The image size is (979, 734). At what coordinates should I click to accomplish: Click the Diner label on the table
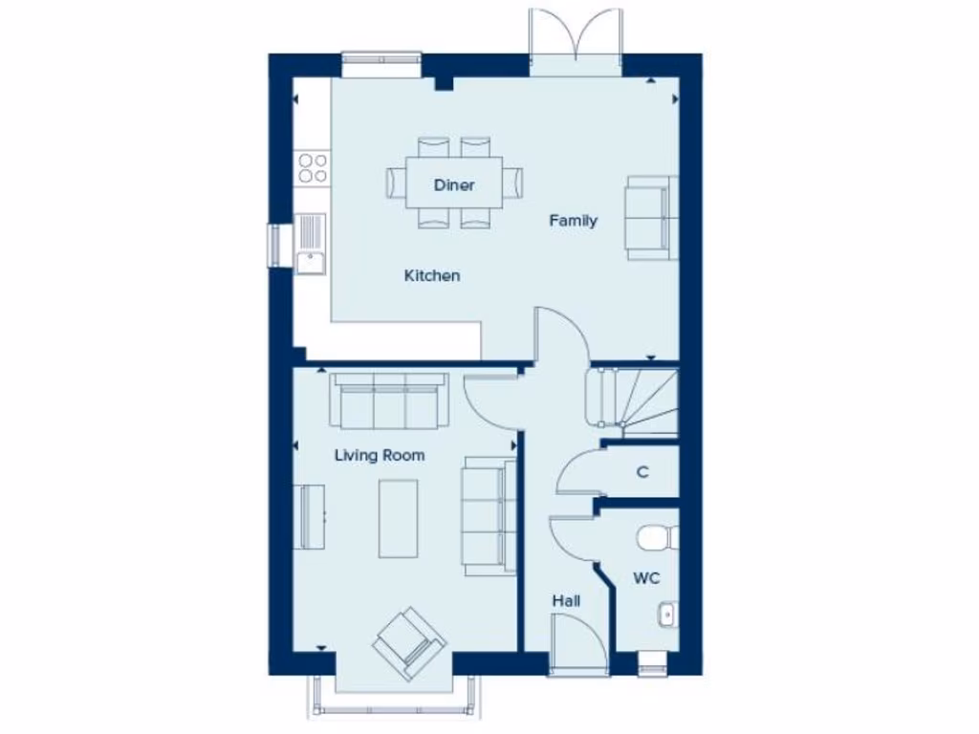[454, 184]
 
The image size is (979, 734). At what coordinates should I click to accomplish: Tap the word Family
[573, 221]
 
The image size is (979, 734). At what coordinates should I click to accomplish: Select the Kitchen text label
[432, 276]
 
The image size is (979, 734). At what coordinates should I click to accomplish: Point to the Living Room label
[380, 456]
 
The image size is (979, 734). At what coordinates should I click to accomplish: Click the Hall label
[566, 601]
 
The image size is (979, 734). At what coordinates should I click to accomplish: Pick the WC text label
[646, 578]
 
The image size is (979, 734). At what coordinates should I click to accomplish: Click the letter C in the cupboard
[642, 472]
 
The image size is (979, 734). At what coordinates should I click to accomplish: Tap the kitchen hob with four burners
[311, 168]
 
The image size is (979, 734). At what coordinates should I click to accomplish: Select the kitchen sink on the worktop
[311, 244]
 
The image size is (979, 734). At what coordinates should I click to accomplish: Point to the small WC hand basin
[667, 613]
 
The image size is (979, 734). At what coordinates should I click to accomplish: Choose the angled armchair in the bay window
[410, 637]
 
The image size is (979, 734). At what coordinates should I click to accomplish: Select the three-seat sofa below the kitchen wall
[388, 400]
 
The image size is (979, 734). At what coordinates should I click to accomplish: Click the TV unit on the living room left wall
[310, 516]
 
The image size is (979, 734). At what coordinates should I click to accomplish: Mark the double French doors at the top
[576, 43]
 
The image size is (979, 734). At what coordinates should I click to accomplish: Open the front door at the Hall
[578, 645]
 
